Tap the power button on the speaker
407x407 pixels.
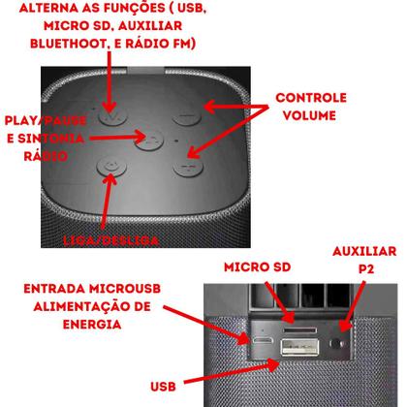click(x=114, y=167)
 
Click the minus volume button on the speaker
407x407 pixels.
click(x=187, y=119)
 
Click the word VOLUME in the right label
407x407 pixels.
click(x=311, y=116)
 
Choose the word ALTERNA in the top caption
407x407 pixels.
click(x=46, y=8)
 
